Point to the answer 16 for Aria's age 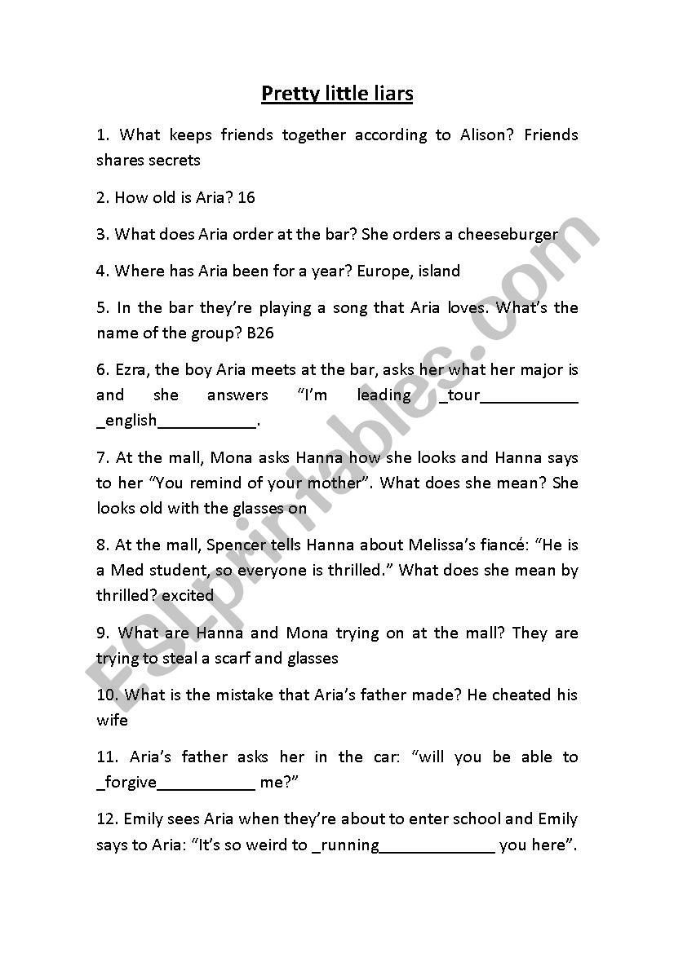(246, 197)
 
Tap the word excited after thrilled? (188, 595)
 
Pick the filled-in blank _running (346, 845)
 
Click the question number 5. (102, 308)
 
